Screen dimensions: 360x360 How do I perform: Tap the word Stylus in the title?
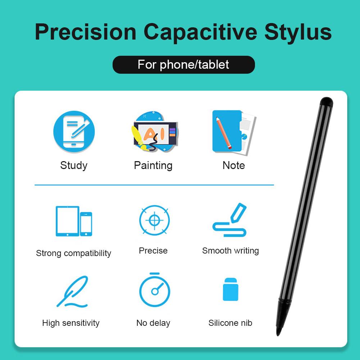pyautogui.click(x=298, y=32)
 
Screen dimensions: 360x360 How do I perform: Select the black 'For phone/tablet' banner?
pyautogui.click(x=183, y=65)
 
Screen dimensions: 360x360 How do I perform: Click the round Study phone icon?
pyautogui.click(x=74, y=131)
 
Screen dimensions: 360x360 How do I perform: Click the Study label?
pyautogui.click(x=74, y=165)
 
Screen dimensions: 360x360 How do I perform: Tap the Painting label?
pyautogui.click(x=153, y=165)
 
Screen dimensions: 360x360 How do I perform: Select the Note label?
pyautogui.click(x=233, y=165)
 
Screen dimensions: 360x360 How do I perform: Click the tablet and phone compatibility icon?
pyautogui.click(x=74, y=221)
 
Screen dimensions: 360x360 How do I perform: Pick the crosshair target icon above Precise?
pyautogui.click(x=154, y=220)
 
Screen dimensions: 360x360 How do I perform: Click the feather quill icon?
pyautogui.click(x=73, y=291)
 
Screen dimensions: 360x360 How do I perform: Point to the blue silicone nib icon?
pyautogui.click(x=230, y=290)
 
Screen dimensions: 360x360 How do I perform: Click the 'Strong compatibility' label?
pyautogui.click(x=74, y=253)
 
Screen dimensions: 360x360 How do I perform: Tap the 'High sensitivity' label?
pyautogui.click(x=71, y=323)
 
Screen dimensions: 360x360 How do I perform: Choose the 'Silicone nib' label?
pyautogui.click(x=230, y=323)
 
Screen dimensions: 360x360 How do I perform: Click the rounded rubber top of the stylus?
pyautogui.click(x=326, y=101)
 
